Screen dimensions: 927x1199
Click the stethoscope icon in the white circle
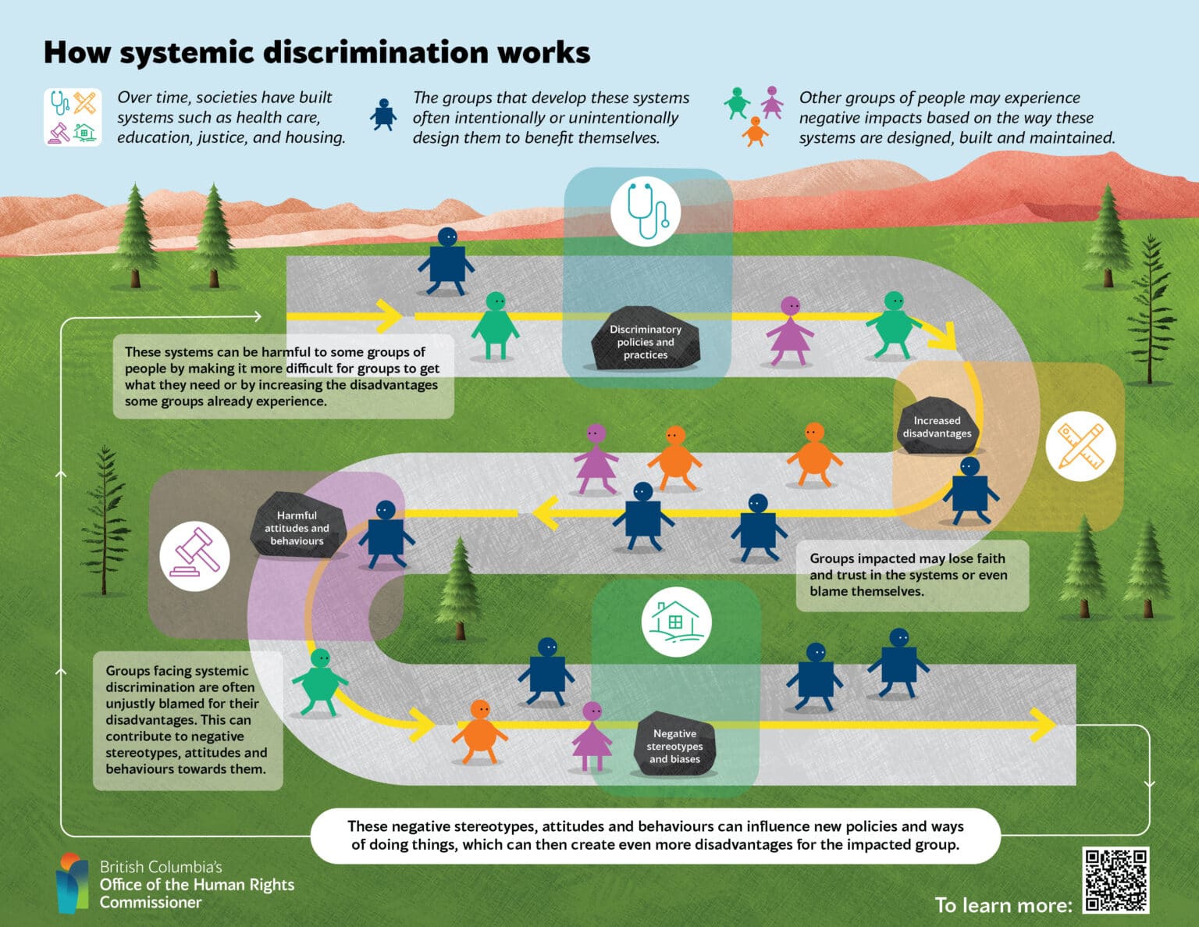646,211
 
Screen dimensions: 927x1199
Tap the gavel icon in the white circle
194,556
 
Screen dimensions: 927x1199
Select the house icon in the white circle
676,622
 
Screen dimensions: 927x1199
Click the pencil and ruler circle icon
1080,446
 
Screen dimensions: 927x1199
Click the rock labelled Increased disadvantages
937,426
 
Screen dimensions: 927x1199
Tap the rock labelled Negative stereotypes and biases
674,745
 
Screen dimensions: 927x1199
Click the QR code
1116,880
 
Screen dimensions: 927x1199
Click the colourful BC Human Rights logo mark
72,882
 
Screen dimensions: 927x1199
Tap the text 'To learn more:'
1003,905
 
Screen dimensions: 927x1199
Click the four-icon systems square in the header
73,118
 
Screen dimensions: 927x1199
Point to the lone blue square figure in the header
383,115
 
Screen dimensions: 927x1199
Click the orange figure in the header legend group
755,132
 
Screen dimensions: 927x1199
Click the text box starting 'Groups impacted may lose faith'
912,575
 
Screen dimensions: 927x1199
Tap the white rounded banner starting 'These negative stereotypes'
655,835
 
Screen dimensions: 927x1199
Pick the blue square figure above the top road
447,261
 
